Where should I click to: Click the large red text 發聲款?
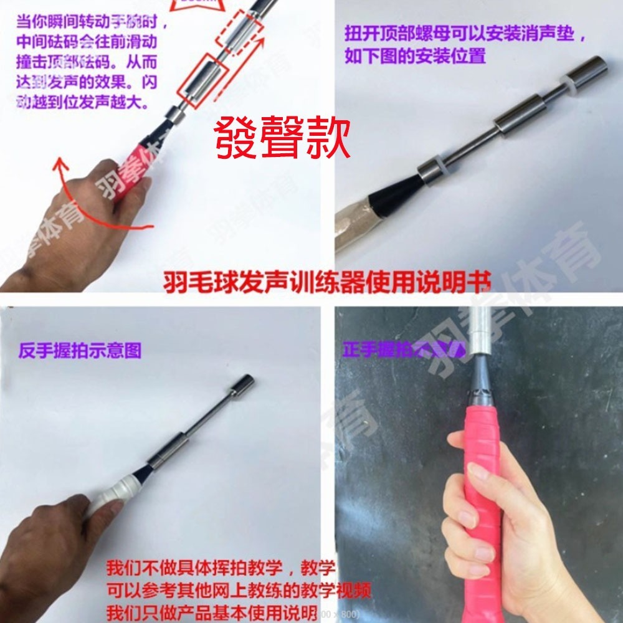pos(282,138)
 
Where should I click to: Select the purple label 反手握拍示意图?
pos(80,350)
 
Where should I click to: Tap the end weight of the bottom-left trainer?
pos(241,385)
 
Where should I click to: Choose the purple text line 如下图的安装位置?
pos(415,55)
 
